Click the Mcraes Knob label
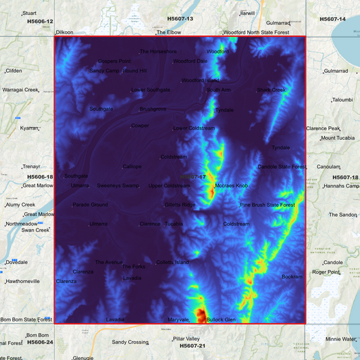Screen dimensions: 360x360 (x=232, y=185)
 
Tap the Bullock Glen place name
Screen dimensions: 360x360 (x=221, y=319)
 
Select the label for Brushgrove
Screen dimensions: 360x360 (x=153, y=109)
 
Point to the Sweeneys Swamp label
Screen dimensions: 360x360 (x=118, y=185)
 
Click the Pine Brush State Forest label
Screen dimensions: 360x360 (x=267, y=205)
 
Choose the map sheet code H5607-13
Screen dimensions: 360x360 (x=180, y=19)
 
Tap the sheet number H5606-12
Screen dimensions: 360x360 (x=40, y=22)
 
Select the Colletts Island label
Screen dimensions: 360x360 (x=172, y=262)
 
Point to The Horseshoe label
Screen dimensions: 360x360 (x=158, y=51)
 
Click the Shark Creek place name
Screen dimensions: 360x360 (x=272, y=89)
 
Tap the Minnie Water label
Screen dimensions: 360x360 (x=340, y=339)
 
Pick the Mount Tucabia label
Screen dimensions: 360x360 (x=338, y=138)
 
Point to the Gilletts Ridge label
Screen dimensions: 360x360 (x=180, y=205)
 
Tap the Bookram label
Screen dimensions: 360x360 (x=292, y=276)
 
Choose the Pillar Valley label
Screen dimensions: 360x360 (x=186, y=338)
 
